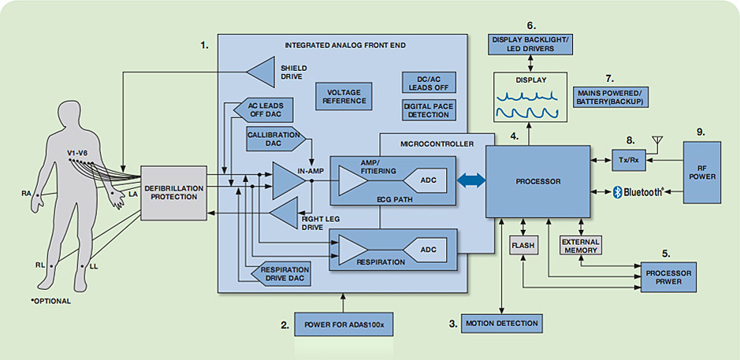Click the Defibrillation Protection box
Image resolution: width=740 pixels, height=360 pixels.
click(174, 193)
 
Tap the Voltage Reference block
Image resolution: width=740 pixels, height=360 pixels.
click(344, 96)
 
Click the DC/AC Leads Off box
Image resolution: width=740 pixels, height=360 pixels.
click(426, 84)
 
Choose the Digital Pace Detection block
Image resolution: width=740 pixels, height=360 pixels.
click(426, 110)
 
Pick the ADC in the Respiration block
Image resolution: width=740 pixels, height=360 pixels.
click(428, 251)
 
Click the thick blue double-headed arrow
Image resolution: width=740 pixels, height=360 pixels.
click(470, 182)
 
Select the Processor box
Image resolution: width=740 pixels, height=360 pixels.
click(537, 181)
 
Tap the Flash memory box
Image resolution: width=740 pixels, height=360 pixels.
click(523, 246)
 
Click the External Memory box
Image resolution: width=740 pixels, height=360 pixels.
click(581, 246)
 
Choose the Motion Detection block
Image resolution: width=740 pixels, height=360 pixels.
click(501, 323)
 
